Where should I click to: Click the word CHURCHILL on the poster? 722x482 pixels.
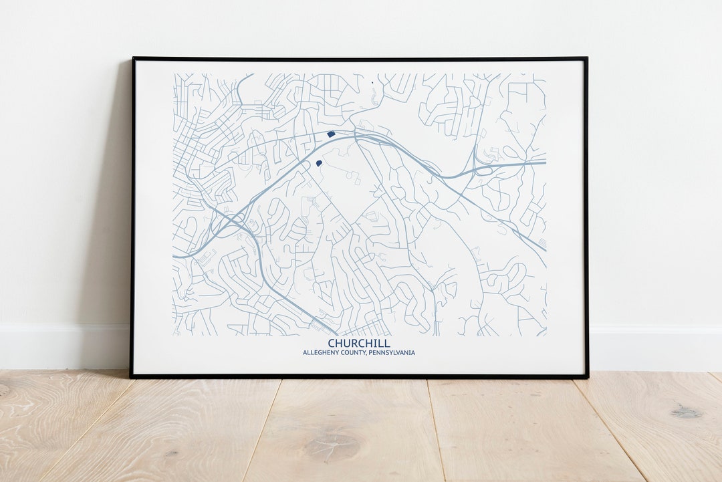coord(358,344)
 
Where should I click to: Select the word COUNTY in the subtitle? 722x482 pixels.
coord(356,353)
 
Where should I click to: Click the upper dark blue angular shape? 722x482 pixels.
coord(330,134)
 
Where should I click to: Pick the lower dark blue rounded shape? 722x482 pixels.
coord(318,163)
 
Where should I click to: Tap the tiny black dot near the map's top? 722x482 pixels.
coord(372,84)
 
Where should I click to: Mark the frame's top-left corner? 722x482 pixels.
coord(133,59)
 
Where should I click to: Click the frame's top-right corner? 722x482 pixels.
coord(586,59)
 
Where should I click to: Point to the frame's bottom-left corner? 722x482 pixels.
coord(132,376)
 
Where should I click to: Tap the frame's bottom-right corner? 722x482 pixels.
coord(587,376)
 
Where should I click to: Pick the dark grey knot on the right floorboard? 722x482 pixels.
coord(687,410)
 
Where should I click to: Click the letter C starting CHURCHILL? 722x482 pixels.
coord(332,344)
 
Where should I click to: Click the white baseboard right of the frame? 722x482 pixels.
coord(655,348)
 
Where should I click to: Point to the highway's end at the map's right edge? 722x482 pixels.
coord(544,162)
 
